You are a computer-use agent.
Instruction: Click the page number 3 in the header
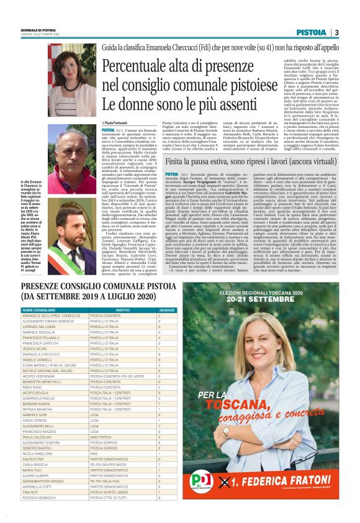point(336,32)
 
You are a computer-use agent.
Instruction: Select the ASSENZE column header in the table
point(167,309)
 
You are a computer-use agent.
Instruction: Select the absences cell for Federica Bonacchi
point(161,515)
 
